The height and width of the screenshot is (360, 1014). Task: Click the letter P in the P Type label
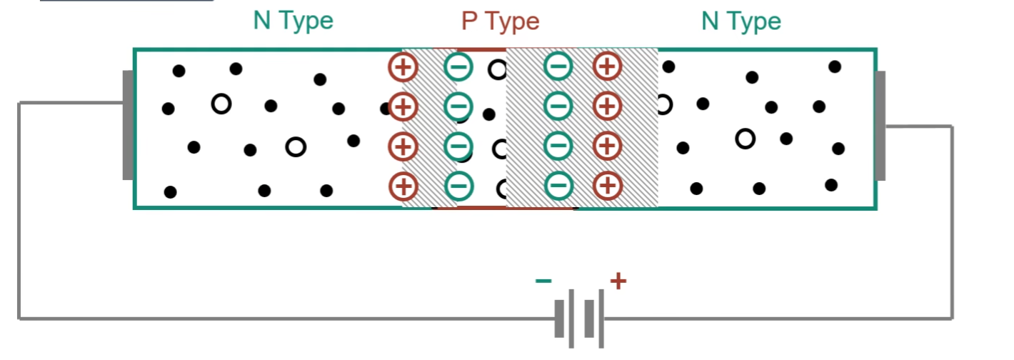[470, 21]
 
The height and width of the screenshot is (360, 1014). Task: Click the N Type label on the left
[293, 21]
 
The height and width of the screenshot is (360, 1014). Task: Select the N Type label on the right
[741, 21]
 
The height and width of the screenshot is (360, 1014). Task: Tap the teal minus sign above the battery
[543, 281]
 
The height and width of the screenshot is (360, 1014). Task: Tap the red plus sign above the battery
[618, 281]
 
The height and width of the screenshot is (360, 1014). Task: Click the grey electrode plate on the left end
[128, 125]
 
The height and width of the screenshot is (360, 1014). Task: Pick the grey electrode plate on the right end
[880, 126]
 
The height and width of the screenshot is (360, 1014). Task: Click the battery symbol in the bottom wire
[579, 319]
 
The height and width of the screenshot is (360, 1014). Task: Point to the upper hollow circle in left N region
[221, 104]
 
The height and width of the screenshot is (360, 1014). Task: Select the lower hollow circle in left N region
[296, 147]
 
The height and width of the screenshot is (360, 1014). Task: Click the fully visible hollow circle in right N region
[745, 139]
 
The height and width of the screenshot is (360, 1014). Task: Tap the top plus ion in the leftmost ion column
[403, 67]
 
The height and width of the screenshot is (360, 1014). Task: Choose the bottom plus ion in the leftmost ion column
[403, 186]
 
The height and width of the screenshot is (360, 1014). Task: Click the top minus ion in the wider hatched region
[558, 66]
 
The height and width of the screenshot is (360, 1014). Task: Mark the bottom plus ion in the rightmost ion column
[608, 186]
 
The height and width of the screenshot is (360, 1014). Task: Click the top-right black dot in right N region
[835, 67]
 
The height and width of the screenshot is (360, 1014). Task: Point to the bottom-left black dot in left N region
[170, 192]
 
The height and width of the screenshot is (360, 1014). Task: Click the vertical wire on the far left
[19, 211]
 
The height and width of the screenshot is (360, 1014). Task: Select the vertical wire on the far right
[953, 222]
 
